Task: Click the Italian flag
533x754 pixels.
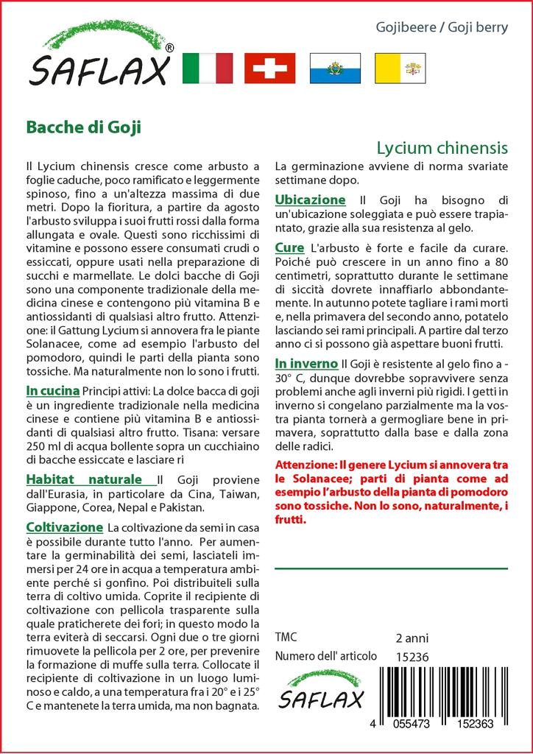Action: point(207,68)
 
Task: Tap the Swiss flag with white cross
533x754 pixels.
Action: point(269,68)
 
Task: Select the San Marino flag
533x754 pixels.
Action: point(334,68)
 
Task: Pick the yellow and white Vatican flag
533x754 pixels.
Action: point(398,68)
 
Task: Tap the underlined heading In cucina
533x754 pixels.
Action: point(53,390)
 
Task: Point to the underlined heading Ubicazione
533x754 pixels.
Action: point(310,200)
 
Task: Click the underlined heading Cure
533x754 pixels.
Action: point(289,248)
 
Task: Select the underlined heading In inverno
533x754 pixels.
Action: point(306,364)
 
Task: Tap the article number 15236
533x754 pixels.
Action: point(412,657)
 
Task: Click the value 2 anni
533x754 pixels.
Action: point(412,638)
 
